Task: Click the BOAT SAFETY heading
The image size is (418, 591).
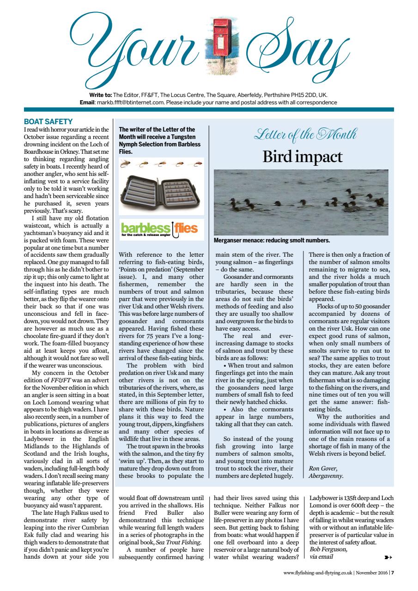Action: tap(48, 122)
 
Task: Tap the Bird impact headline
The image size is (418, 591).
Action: tap(303, 157)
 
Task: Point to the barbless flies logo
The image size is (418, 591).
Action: tap(159, 229)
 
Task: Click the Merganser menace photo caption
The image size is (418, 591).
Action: tap(272, 241)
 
